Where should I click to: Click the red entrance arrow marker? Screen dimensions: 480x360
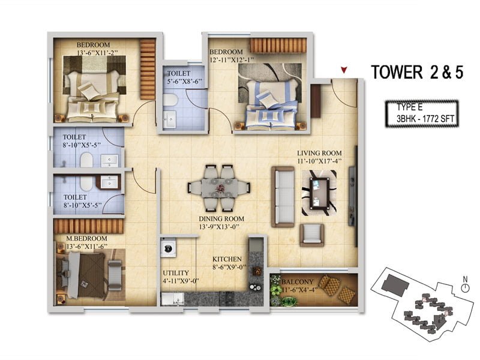click(344, 70)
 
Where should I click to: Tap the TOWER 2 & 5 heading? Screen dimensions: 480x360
click(417, 72)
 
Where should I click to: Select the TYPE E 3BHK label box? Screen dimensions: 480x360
click(422, 113)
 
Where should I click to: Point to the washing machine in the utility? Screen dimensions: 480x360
click(168, 247)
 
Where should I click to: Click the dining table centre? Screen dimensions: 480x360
click(220, 188)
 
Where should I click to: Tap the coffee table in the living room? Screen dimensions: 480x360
click(319, 193)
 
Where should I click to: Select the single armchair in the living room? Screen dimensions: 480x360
click(312, 235)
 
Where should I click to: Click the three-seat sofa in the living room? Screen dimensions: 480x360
click(283, 197)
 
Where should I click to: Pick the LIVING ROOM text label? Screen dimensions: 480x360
click(319, 153)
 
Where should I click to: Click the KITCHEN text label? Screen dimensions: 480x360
click(227, 259)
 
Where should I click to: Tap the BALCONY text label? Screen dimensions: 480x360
click(298, 281)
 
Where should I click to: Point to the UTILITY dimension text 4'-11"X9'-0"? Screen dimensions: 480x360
click(181, 280)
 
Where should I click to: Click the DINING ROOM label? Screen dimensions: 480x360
click(221, 218)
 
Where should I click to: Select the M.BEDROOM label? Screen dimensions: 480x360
click(87, 238)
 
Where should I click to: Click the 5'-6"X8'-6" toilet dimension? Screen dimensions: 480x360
click(184, 82)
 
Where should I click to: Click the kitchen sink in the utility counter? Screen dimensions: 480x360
click(172, 299)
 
